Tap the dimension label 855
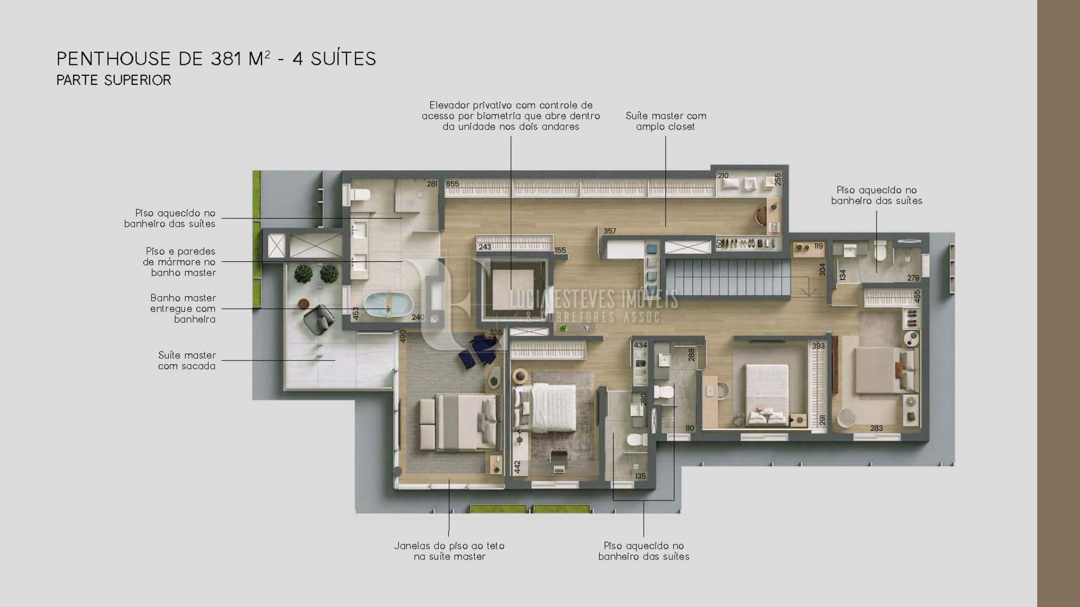pos(452,184)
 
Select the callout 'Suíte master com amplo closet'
pos(666,121)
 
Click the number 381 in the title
pos(226,58)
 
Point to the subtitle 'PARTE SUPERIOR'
pos(114,80)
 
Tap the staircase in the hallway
pos(728,278)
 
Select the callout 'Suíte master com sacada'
pos(187,361)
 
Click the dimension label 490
pos(403,337)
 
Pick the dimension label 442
pos(517,467)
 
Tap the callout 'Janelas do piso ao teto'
pos(449,546)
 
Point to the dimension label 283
pos(876,428)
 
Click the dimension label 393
pos(818,346)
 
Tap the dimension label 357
pos(610,231)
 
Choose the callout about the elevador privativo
pos(511,116)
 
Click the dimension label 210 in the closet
pos(723,176)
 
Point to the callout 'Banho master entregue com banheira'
pos(183,309)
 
